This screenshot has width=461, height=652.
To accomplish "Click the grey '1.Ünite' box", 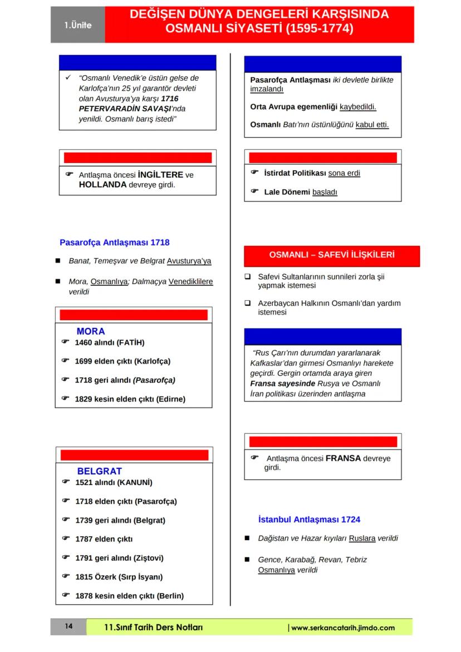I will pos(77,25).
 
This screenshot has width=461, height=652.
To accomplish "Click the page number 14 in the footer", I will pos(68,626).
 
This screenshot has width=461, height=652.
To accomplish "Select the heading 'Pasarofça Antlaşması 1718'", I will pos(115,243).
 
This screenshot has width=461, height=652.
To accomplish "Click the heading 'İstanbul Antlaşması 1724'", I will pos(309,519).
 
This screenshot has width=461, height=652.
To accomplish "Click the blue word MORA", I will pos(91,331).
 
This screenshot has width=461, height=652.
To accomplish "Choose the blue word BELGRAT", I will pos(99,471).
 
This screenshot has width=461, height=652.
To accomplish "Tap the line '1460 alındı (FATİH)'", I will pos(109,342).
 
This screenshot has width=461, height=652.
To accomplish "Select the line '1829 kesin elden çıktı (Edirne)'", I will pos(130,399).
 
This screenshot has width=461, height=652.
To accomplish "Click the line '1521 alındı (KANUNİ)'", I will pos(114,482).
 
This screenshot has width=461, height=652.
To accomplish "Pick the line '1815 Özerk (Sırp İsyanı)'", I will pos(126,577).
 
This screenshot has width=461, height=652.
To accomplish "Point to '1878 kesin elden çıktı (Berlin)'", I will pos(129,596).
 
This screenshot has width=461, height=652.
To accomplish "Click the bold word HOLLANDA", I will pos(103,185).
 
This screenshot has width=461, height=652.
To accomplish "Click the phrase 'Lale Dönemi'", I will pos(287,192).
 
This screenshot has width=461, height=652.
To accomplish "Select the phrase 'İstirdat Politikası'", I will pos(295,173).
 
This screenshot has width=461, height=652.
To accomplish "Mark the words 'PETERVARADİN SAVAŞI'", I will pos(121,109).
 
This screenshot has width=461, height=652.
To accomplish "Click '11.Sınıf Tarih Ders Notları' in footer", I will pos(154,628).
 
